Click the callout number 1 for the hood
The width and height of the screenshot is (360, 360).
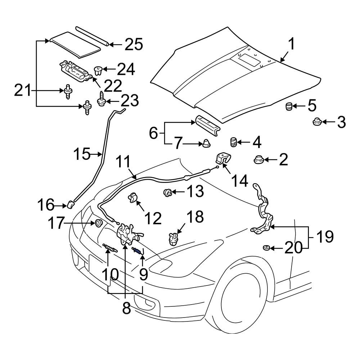click(292, 45)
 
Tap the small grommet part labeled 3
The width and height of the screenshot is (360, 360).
click(317, 122)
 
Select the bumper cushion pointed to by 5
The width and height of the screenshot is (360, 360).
click(288, 107)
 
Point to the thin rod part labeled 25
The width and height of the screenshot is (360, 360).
click(92, 35)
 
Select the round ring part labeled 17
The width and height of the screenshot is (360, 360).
click(98, 224)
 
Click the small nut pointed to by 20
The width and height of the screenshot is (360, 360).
click(266, 248)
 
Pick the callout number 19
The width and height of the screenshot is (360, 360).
click(325, 237)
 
